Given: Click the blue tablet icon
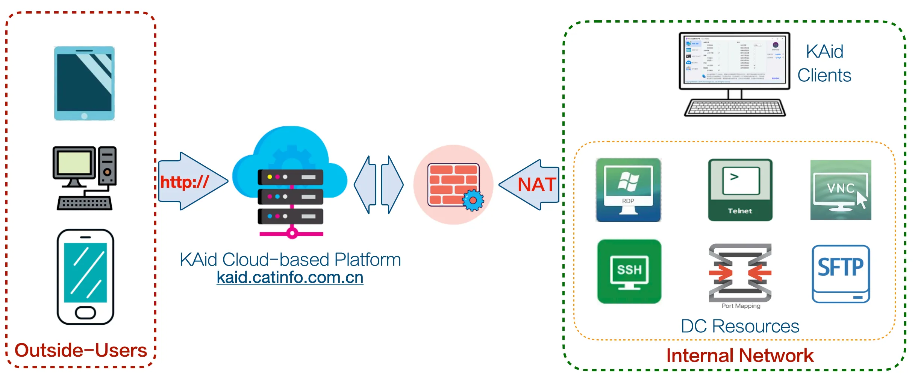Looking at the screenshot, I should tap(84, 83).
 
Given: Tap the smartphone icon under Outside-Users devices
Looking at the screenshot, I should tap(85, 277).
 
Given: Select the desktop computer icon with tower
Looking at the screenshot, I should tap(85, 178).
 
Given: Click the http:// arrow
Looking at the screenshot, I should tap(192, 181).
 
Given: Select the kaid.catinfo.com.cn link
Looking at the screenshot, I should tap(290, 278).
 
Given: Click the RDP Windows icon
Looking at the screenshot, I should tap(628, 190).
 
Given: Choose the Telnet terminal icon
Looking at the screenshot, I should tap(740, 190).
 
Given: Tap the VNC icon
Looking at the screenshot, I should tap(841, 190).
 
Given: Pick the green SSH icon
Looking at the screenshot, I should tap(629, 271).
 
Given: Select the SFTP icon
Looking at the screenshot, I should tap(841, 274).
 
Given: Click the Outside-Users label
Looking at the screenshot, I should tap(81, 350).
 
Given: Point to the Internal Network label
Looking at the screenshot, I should tap(740, 356).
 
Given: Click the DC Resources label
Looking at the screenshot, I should tap(740, 326).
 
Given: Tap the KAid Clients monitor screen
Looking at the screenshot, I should tap(734, 61).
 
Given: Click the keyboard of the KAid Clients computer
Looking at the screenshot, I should tap(735, 108).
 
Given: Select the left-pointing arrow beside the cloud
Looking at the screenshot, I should tap(365, 185).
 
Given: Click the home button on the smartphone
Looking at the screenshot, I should tap(85, 312).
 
